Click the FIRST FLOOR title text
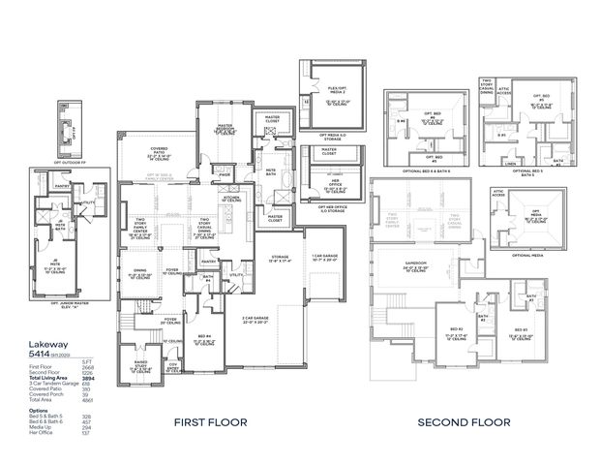[x=210, y=422]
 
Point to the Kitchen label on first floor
[x=230, y=198]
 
